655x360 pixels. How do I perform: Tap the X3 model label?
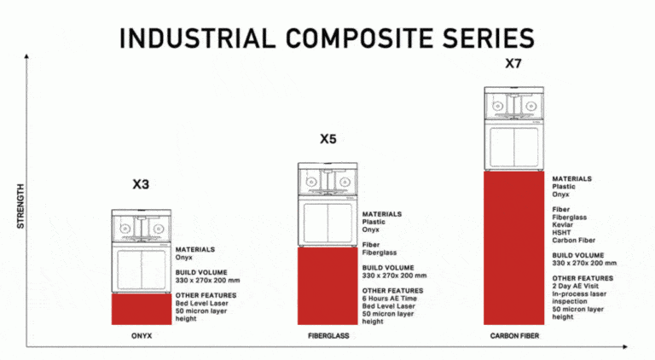click(x=141, y=184)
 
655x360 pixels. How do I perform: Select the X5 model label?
click(x=327, y=139)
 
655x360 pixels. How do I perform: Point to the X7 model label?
click(x=513, y=63)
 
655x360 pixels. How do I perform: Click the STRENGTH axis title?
click(x=20, y=206)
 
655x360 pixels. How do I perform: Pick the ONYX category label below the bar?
click(x=142, y=336)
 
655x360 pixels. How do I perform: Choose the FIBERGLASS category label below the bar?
click(x=328, y=336)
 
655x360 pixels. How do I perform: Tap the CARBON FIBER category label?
click(x=514, y=336)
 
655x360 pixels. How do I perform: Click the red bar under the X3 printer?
click(x=142, y=309)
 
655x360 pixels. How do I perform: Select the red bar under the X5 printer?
click(x=327, y=286)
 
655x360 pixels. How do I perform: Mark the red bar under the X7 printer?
click(x=513, y=247)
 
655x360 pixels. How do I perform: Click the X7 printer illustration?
click(x=513, y=129)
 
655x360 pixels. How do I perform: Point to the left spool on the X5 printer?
click(x=311, y=182)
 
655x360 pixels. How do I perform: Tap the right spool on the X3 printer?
click(x=158, y=229)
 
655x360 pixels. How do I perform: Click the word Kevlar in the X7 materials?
click(x=563, y=224)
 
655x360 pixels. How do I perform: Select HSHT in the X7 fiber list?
click(x=561, y=233)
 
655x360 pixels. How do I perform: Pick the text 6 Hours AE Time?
click(x=389, y=299)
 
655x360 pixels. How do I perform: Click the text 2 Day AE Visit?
click(x=575, y=286)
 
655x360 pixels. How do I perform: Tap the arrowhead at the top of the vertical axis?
click(x=26, y=55)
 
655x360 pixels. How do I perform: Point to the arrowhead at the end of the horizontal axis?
click(x=625, y=346)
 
